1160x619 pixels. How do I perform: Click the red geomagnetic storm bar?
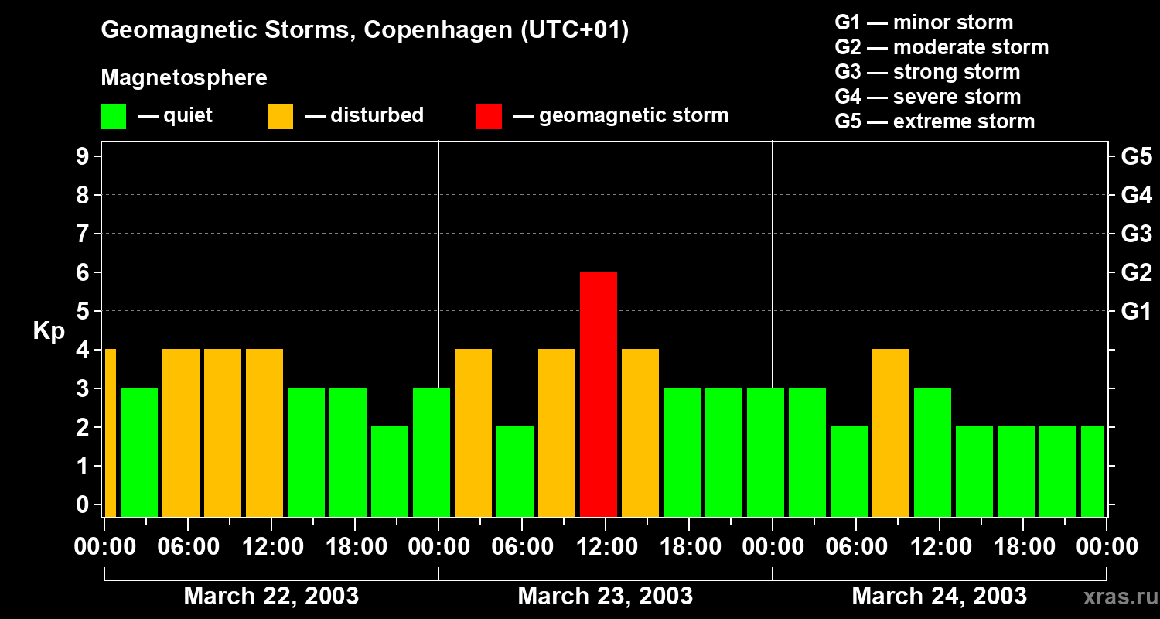point(599,395)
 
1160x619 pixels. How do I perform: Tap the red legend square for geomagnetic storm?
point(489,116)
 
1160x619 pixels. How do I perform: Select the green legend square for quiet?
point(113,116)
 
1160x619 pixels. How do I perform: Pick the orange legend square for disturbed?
point(280,116)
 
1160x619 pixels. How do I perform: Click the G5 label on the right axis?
point(1136,157)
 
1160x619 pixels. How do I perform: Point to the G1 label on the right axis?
point(1136,312)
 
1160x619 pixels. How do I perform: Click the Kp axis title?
point(49,331)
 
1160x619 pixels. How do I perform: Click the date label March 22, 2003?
point(271,596)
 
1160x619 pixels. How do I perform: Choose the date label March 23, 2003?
point(605,596)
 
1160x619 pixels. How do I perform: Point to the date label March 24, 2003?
point(939,596)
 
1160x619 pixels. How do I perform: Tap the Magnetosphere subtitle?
point(184,78)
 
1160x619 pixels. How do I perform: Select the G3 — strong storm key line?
point(927,72)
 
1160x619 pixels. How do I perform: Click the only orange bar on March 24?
point(891,433)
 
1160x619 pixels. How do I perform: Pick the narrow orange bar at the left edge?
point(110,433)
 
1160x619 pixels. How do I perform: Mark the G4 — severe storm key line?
point(927,97)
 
